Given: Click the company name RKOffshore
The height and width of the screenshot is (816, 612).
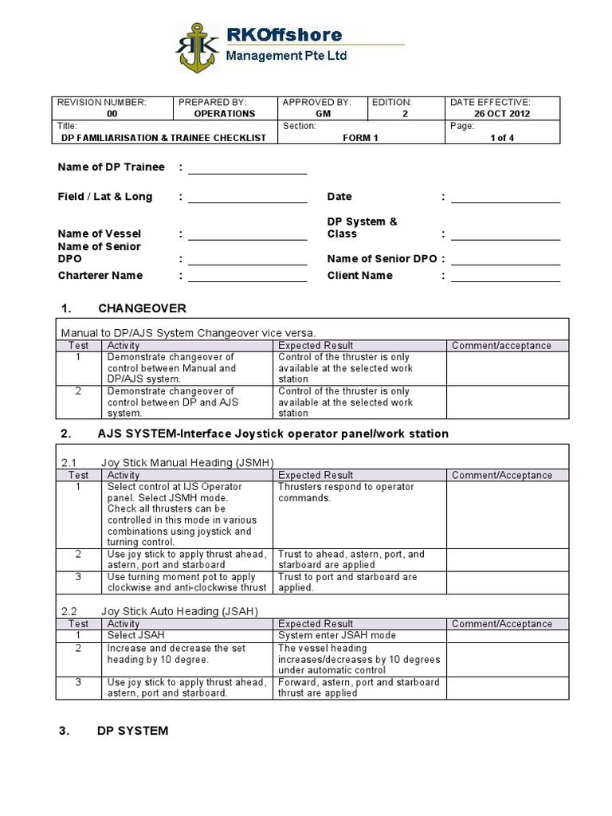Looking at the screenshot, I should coord(284,35).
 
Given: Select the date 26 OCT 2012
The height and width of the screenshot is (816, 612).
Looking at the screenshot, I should coord(502,113).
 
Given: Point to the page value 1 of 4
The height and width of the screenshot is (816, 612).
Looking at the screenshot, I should coord(502,138).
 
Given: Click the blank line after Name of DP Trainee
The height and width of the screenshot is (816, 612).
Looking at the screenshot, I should coord(247,167).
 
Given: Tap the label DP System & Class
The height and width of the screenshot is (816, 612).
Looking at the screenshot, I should coord(362,228).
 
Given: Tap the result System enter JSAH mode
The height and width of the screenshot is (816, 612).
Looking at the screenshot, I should coord(336,636).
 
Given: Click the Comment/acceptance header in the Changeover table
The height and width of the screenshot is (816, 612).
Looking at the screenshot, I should coord(501,346).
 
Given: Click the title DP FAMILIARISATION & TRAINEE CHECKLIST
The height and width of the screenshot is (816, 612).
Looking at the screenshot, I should coord(163,138).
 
